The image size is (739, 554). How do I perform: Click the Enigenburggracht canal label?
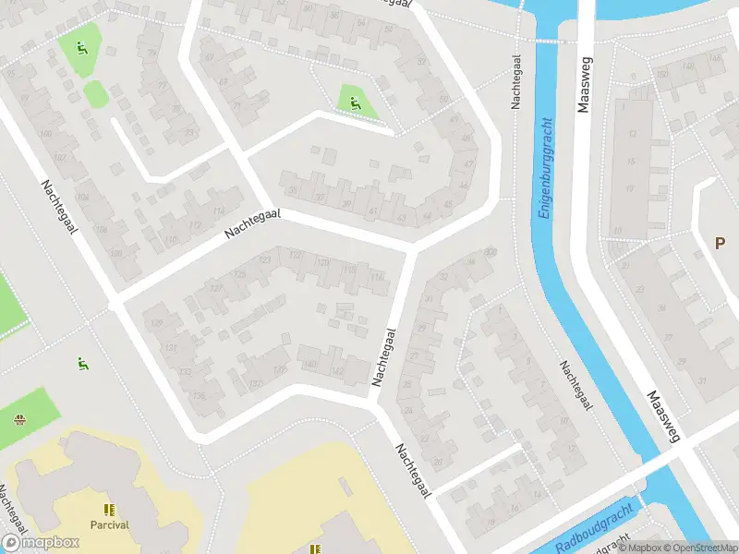point(546,168)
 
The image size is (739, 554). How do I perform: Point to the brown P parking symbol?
point(720,243)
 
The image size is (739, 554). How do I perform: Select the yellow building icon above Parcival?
point(109,510)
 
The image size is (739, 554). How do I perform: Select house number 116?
point(376,276)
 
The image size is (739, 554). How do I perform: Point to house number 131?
point(170,347)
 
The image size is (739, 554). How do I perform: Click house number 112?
point(193,224)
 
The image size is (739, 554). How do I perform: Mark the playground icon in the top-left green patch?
point(80,48)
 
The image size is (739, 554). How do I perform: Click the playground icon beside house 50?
point(355,102)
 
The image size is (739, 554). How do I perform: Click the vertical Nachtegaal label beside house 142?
point(384,357)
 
